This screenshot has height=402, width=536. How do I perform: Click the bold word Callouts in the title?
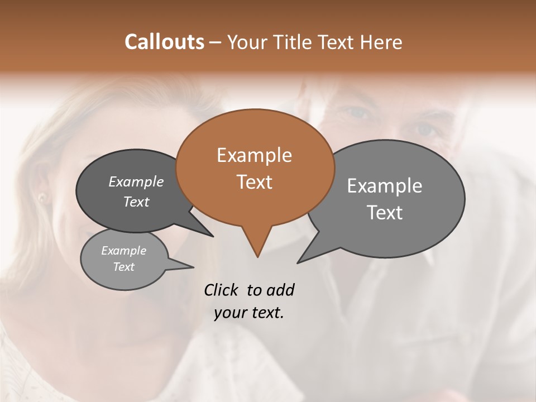(x=164, y=42)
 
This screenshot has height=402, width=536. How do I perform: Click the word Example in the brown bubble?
(x=254, y=155)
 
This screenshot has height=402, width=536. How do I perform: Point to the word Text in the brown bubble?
(x=254, y=181)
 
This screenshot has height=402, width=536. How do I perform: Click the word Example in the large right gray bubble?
(x=385, y=186)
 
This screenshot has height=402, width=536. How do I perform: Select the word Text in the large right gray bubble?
(x=385, y=213)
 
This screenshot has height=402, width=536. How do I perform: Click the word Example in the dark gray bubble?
(x=136, y=182)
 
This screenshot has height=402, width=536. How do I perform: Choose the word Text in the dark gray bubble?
(x=136, y=202)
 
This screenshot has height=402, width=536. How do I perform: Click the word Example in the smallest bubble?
(x=123, y=251)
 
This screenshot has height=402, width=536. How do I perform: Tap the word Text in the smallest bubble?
(x=123, y=267)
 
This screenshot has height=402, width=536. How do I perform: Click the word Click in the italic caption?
(x=222, y=290)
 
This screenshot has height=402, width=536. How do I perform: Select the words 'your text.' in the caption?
(x=249, y=313)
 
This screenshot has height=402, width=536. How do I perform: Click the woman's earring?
(x=42, y=197)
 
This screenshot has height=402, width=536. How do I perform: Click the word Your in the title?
(x=248, y=42)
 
